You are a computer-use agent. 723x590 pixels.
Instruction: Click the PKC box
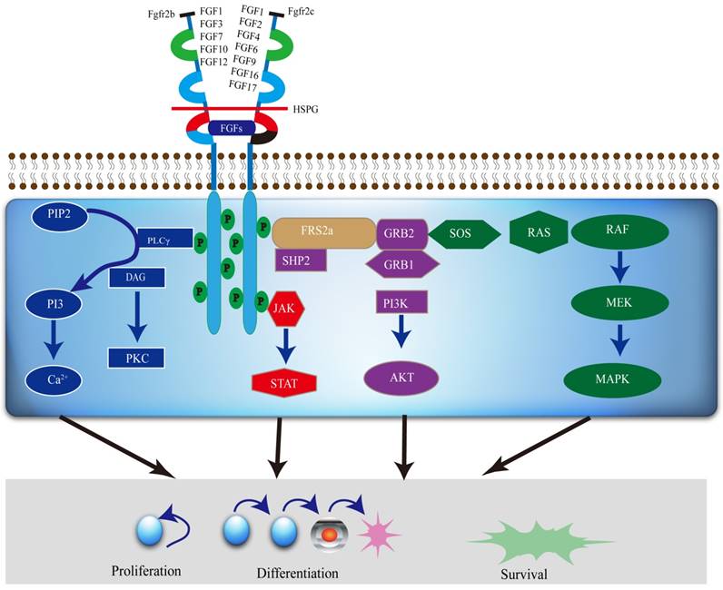136,357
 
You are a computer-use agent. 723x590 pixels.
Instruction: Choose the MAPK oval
621,379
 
